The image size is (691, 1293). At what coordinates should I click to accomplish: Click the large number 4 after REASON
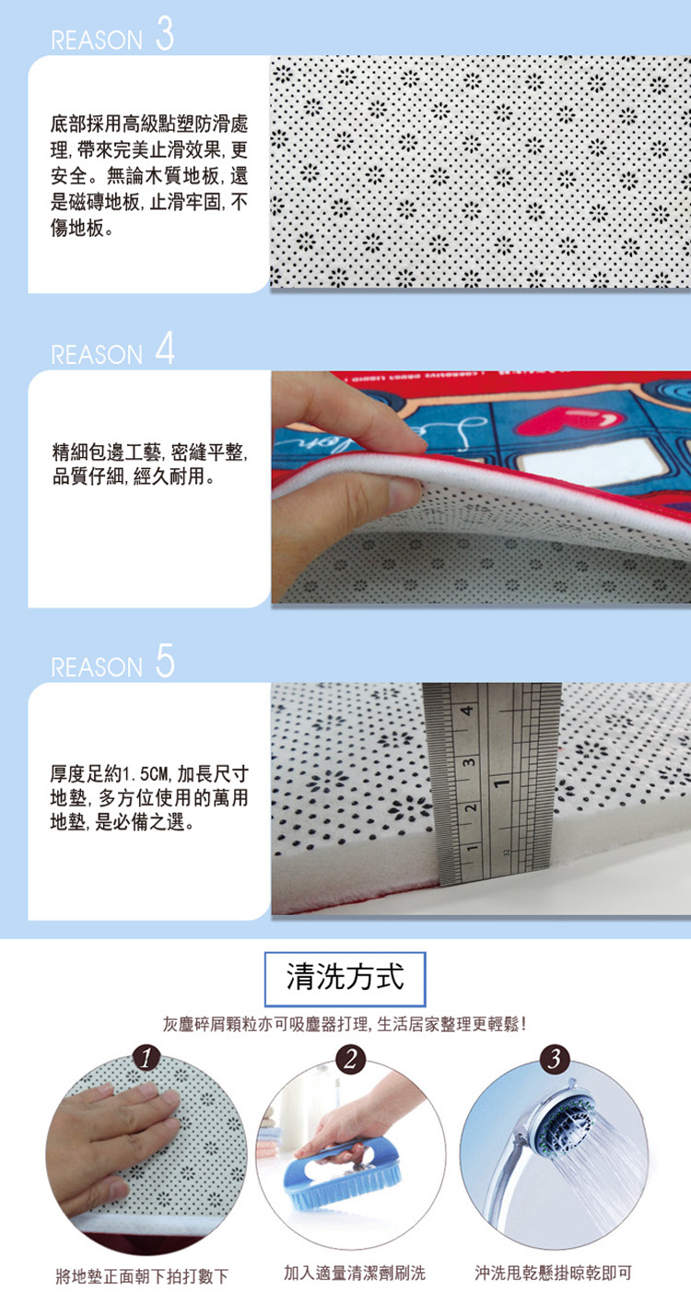[x=165, y=348]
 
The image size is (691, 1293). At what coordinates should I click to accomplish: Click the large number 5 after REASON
[x=165, y=661]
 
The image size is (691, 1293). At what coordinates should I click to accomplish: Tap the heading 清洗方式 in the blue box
[x=345, y=977]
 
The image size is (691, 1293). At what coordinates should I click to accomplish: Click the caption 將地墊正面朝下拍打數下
[x=142, y=1275]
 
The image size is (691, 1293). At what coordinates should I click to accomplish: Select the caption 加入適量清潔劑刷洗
[x=355, y=1273]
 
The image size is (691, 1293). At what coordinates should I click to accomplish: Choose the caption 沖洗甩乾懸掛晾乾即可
[x=553, y=1273]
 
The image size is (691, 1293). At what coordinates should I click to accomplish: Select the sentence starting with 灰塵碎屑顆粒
[x=345, y=1024]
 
